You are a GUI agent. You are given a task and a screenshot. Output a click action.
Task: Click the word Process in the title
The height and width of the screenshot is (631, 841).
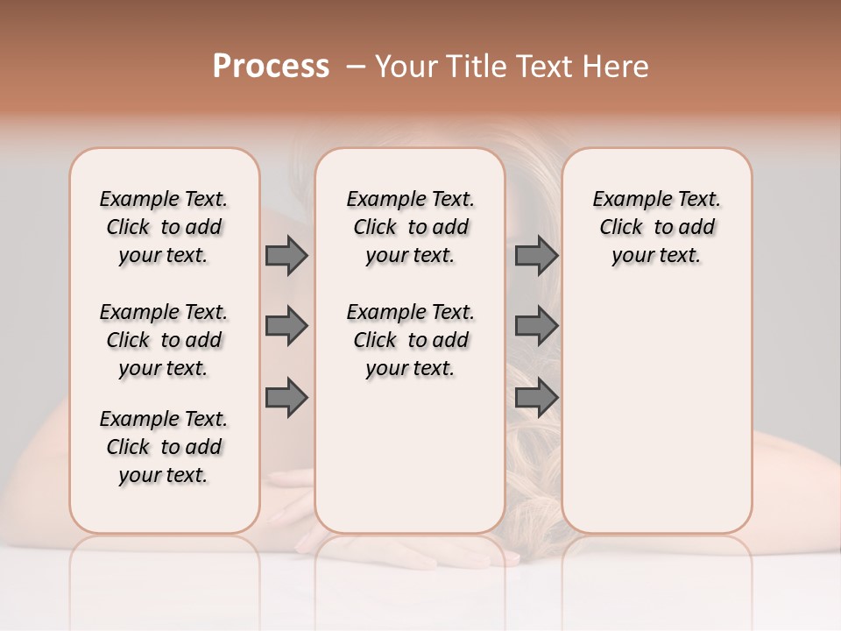(x=271, y=67)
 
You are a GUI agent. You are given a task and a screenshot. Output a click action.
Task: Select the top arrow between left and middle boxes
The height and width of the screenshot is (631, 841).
(x=286, y=255)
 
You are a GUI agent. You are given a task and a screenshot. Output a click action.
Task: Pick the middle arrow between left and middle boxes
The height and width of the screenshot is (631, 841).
(x=286, y=326)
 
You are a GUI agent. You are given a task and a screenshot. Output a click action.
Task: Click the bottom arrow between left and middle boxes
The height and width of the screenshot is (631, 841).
(x=286, y=397)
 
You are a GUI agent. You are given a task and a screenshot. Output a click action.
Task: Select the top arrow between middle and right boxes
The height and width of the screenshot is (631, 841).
(x=536, y=255)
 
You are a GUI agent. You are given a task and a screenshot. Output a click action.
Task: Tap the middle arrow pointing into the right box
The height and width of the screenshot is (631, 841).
(x=536, y=326)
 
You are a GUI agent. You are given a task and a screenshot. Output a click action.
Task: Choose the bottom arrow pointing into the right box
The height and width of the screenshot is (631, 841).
(x=536, y=397)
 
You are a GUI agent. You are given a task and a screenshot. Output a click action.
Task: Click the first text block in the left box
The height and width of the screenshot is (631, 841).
(x=164, y=227)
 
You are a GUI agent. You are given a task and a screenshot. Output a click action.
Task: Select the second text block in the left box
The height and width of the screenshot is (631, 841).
(x=164, y=340)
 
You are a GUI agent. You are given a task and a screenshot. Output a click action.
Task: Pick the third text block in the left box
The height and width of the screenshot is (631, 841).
(x=164, y=447)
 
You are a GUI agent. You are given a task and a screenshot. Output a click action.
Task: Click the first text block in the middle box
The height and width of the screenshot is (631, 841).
(x=410, y=227)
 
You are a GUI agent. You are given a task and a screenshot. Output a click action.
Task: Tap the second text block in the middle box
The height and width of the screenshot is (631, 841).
(x=410, y=340)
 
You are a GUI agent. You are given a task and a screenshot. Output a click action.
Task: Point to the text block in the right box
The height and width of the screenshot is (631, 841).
(x=656, y=227)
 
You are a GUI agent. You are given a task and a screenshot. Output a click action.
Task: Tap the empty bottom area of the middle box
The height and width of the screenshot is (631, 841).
(x=410, y=464)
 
